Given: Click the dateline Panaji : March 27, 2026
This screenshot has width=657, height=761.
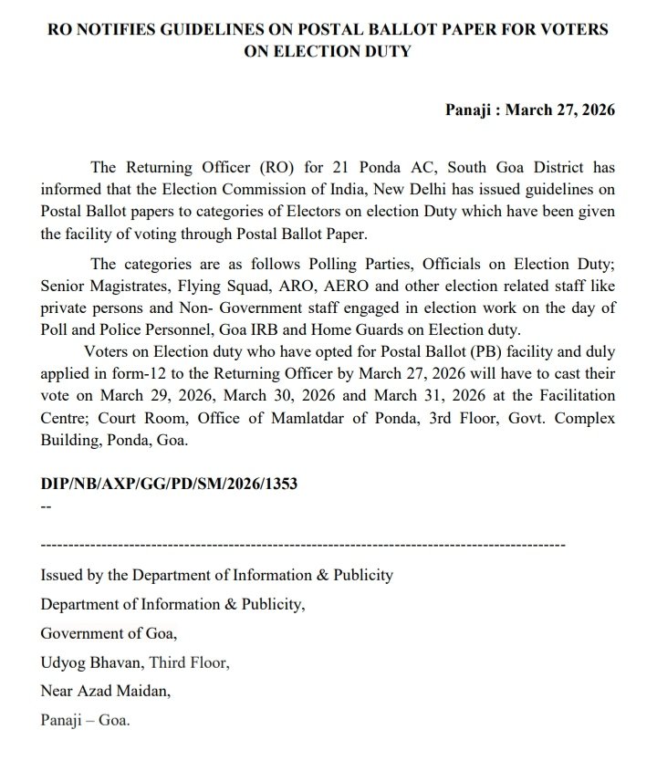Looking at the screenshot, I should point(529,110).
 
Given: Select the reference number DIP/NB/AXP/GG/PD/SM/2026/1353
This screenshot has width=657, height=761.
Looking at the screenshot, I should point(168,485).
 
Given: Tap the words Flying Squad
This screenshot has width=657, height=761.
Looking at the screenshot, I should point(211,285).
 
